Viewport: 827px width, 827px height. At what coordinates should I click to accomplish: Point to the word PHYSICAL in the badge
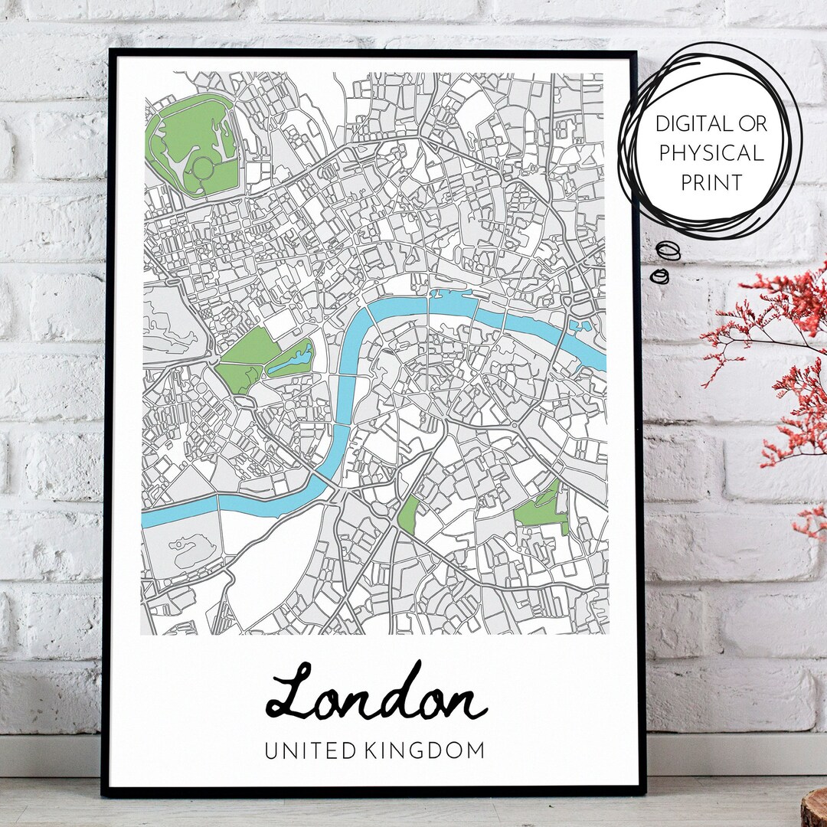tap(711, 153)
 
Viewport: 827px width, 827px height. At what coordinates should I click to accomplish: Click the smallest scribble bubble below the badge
tap(659, 276)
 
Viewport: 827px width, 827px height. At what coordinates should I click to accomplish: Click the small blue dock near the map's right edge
tap(583, 325)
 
